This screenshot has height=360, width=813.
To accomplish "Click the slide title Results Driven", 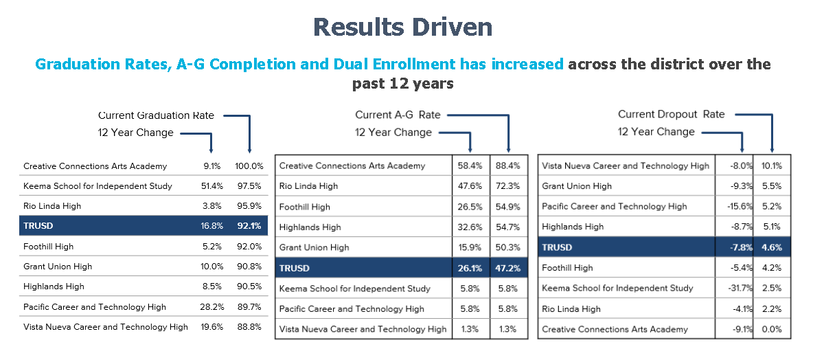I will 402,27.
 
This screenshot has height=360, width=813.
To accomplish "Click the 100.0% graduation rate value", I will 249,166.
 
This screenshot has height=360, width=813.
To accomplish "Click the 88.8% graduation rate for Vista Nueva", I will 249,327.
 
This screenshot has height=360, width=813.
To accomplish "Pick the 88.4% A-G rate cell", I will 508,166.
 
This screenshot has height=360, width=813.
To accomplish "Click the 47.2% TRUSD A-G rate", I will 508,268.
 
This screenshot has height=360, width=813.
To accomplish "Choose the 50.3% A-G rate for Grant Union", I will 508,247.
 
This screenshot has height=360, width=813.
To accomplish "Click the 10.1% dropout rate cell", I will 772,166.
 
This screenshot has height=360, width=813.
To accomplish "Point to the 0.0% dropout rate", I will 772,329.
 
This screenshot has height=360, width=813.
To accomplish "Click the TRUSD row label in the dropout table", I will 557,247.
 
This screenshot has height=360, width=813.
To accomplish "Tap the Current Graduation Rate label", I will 156,115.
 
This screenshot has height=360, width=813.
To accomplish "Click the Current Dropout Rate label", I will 671,115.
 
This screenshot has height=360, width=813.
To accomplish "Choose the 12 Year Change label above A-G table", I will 393,133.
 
